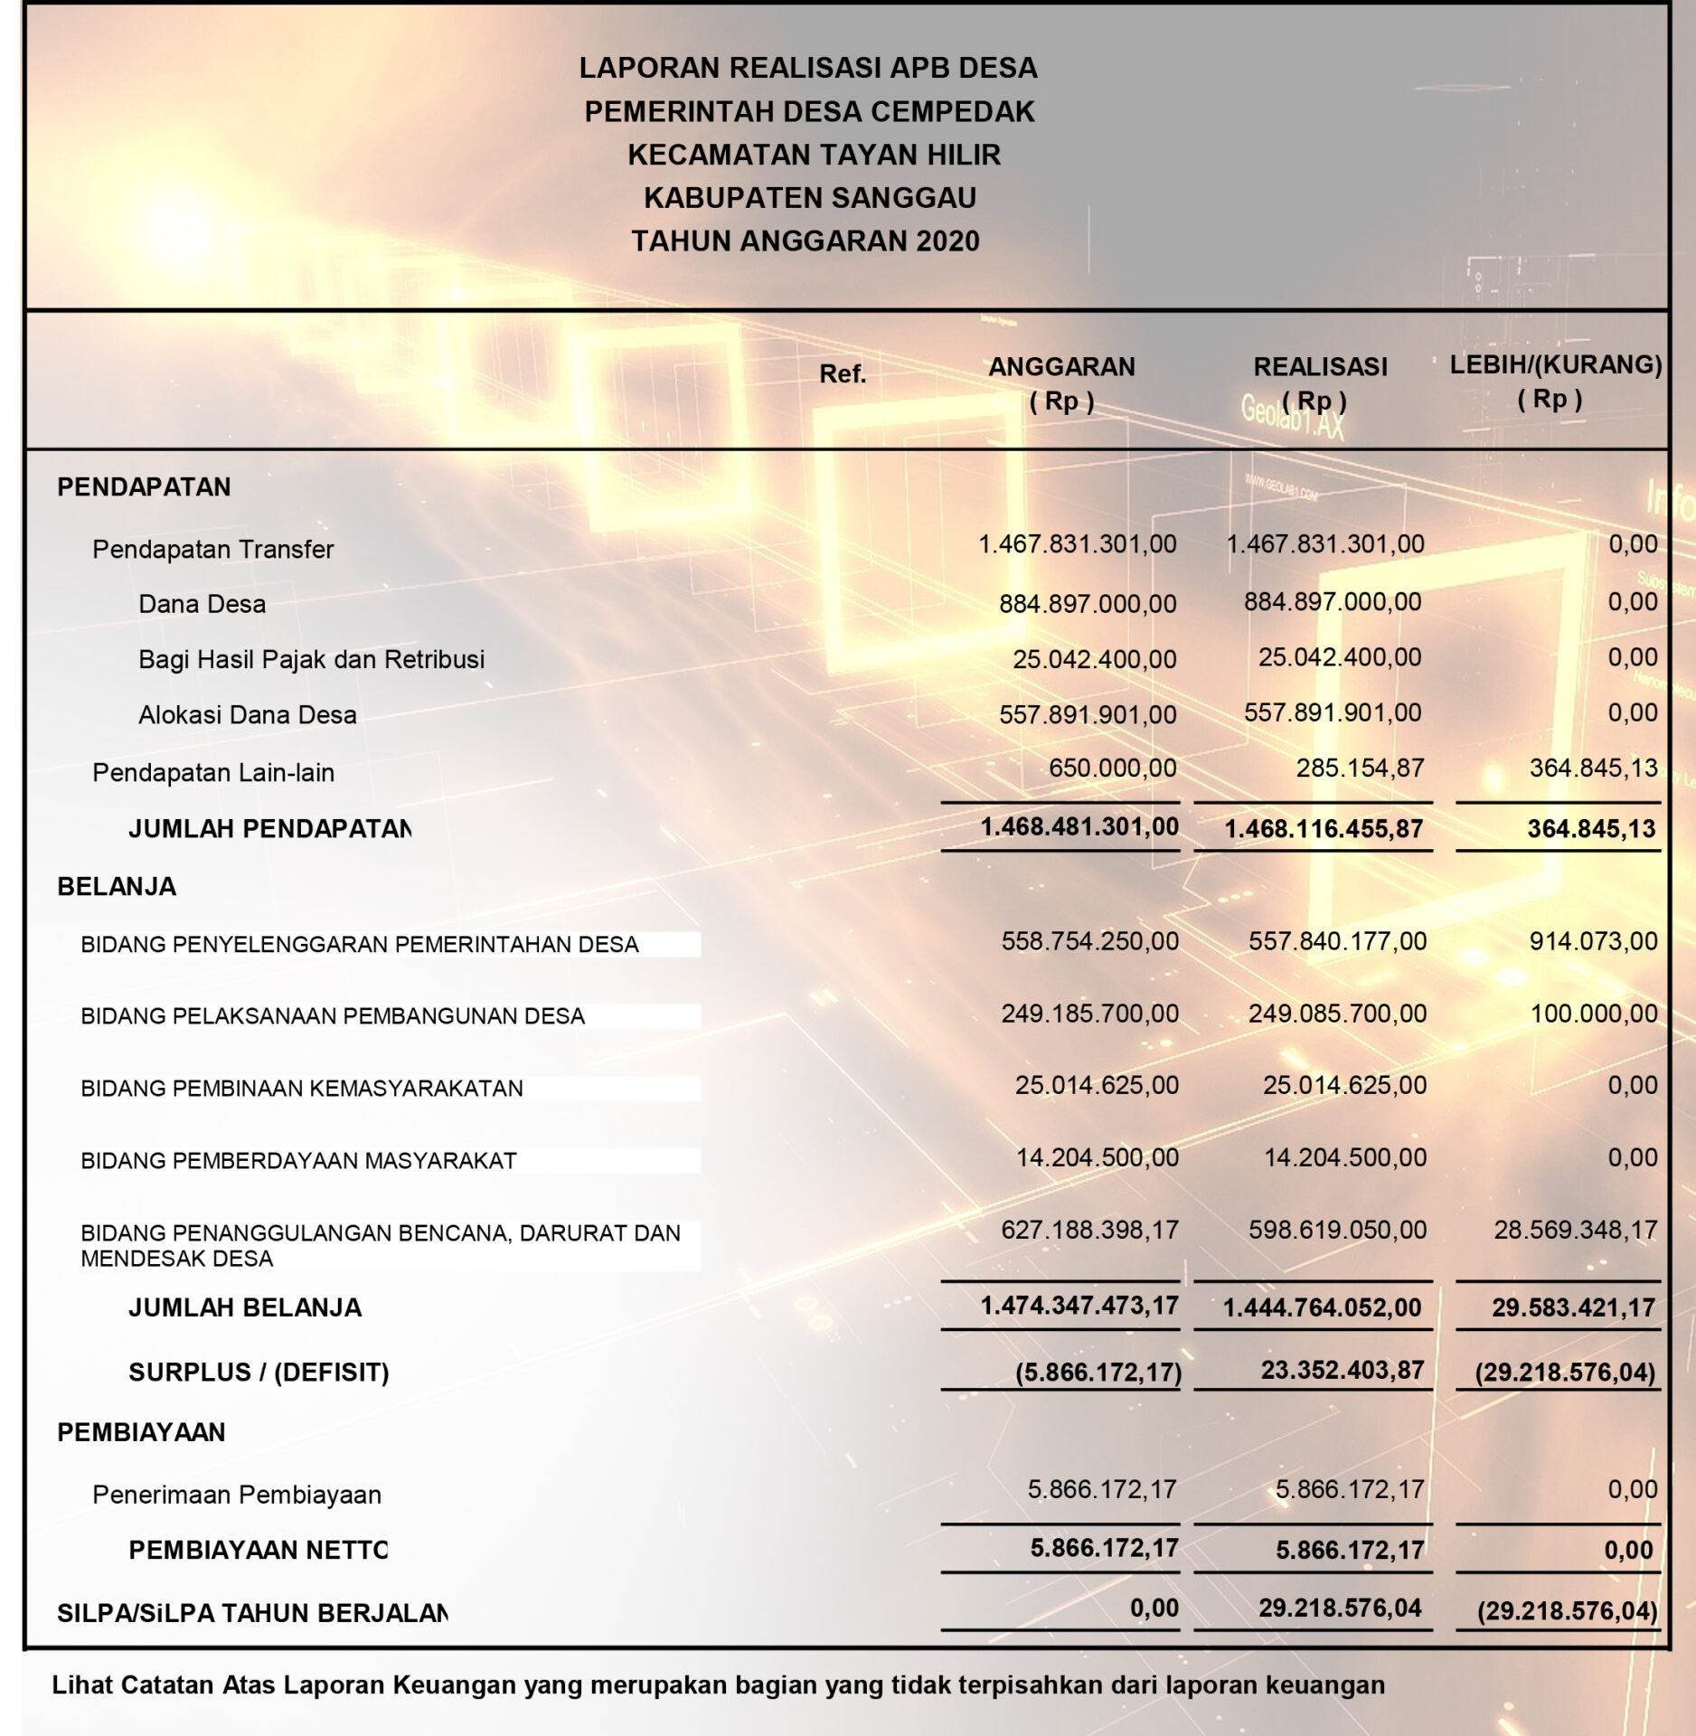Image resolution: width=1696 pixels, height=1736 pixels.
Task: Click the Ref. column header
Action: pyautogui.click(x=843, y=374)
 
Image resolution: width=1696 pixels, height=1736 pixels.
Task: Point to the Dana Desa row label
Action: pyautogui.click(x=202, y=604)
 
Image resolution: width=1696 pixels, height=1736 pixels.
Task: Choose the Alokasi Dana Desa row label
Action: pyautogui.click(x=247, y=715)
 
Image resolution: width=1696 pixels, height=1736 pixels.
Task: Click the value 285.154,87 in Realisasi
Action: pyautogui.click(x=1360, y=769)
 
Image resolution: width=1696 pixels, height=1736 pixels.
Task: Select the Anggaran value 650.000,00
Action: pyautogui.click(x=1112, y=769)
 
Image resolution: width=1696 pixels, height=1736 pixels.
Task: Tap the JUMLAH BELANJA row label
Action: pyautogui.click(x=244, y=1307)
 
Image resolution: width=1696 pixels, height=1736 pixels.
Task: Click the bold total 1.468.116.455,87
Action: pyautogui.click(x=1324, y=828)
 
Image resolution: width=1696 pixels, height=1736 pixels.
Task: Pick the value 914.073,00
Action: pyautogui.click(x=1593, y=941)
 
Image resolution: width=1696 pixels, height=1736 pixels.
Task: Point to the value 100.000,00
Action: pyautogui.click(x=1593, y=1014)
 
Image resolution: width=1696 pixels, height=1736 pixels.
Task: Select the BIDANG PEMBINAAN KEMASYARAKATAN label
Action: pyautogui.click(x=302, y=1089)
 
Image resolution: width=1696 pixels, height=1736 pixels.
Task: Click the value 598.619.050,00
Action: pyautogui.click(x=1337, y=1230)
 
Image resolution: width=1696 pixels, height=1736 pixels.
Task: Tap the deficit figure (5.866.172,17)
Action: pyautogui.click(x=1098, y=1373)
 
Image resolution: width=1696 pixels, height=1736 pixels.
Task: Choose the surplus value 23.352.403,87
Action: pyautogui.click(x=1342, y=1371)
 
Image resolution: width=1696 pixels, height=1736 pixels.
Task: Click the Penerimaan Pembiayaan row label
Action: pyautogui.click(x=237, y=1495)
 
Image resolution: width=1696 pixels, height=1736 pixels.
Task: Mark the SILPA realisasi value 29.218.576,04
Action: pyautogui.click(x=1340, y=1609)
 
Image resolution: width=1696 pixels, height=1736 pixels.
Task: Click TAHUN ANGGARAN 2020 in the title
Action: pyautogui.click(x=805, y=241)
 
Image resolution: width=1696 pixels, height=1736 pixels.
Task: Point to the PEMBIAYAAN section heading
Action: pyautogui.click(x=141, y=1432)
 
